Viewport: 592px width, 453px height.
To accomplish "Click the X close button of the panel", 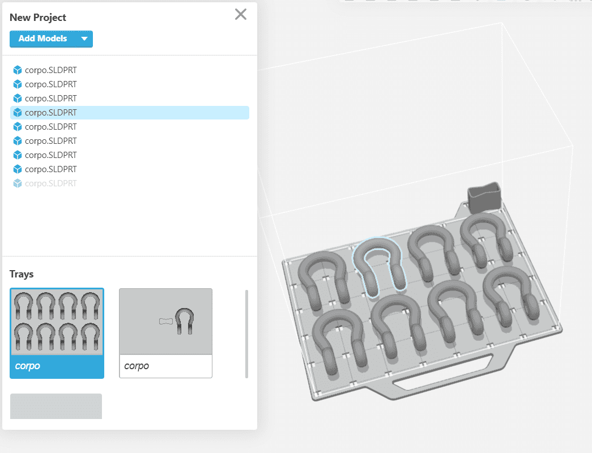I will click(x=241, y=15).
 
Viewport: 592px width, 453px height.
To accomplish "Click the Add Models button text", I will click(x=42, y=39).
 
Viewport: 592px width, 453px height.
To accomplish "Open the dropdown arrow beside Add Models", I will click(x=84, y=39).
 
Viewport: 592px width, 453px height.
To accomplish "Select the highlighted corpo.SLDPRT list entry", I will click(x=51, y=113).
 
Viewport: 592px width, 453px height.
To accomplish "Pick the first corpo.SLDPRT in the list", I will click(x=51, y=70).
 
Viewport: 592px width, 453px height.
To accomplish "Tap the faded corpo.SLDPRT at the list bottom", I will click(x=51, y=183).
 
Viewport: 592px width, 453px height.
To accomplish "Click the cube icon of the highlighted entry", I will click(x=18, y=113).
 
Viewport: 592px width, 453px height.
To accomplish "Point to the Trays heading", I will click(x=22, y=274).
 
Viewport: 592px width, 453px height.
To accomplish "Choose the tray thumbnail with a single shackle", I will click(x=165, y=322).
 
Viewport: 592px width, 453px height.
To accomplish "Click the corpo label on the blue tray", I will click(x=28, y=366).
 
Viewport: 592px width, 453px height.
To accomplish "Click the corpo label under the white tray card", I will click(x=137, y=366).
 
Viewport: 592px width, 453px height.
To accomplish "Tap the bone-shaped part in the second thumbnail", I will click(x=164, y=322).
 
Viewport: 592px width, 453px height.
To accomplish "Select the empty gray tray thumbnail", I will click(x=56, y=406).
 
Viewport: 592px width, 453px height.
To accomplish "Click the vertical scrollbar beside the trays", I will click(x=246, y=334).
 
